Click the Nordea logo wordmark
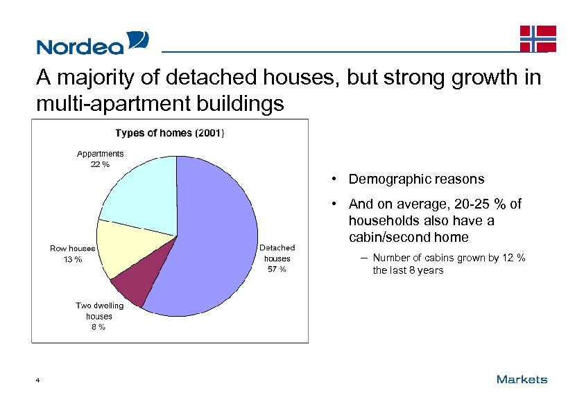80,46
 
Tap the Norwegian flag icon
538,39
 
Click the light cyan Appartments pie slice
142,194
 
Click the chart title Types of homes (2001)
169,132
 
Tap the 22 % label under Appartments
100,164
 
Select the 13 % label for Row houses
72,259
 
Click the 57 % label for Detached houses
277,270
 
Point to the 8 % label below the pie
98,327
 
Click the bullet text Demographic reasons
416,179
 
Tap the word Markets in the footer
522,379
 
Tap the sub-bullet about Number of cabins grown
448,264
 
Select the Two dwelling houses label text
99,310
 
